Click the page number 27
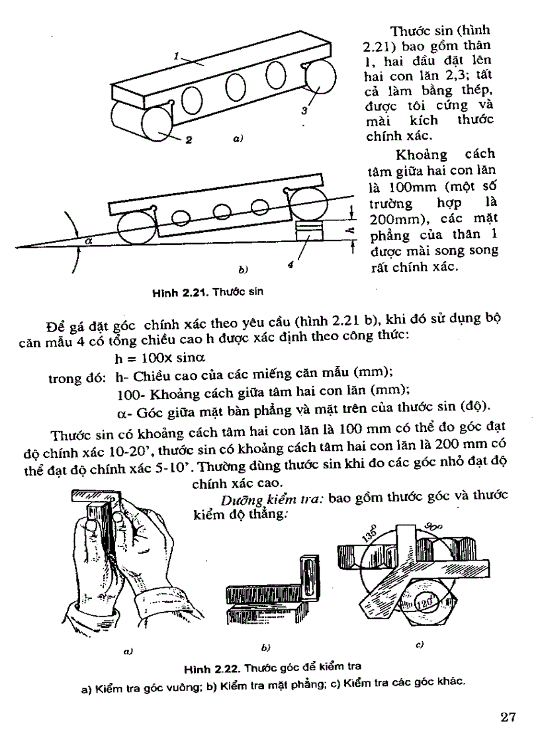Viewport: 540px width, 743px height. [x=507, y=718]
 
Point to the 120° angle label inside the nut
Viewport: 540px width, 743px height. [x=426, y=603]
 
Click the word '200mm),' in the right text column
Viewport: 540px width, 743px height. [x=395, y=219]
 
